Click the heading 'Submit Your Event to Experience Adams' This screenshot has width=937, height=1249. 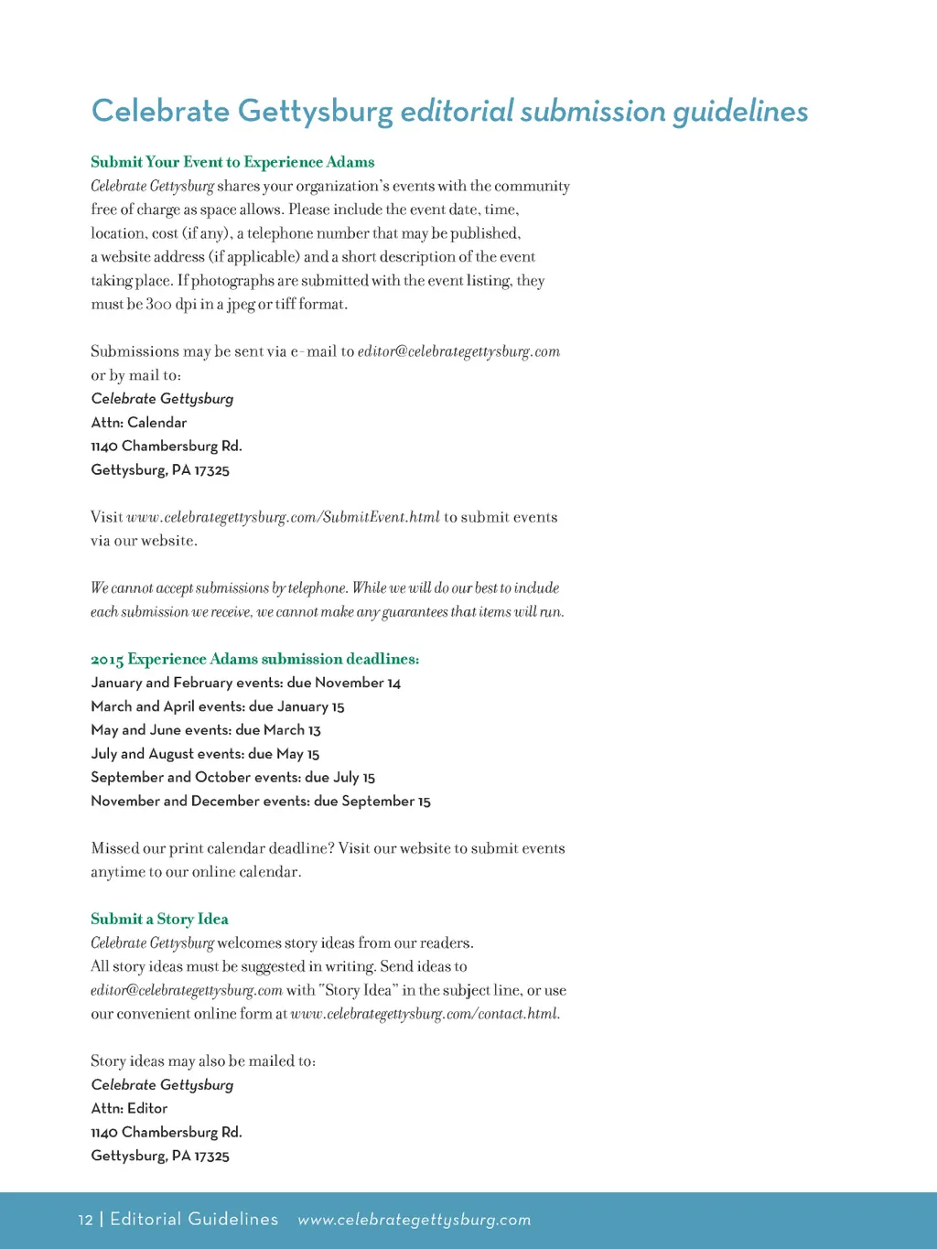point(232,162)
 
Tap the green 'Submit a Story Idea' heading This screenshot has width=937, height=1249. point(159,919)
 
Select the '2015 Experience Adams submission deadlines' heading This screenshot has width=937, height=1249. point(254,659)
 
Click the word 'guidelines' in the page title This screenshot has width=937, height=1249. point(740,112)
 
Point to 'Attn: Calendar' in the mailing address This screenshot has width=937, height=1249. point(139,423)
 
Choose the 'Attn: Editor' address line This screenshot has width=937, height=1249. point(129,1108)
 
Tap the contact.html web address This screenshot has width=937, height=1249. point(425,1014)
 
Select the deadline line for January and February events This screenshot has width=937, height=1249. point(245,683)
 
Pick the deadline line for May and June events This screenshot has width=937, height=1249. point(206,730)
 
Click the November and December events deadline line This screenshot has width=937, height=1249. point(261,802)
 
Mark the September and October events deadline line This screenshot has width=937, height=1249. point(232,778)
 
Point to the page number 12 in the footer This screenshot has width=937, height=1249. point(85,1220)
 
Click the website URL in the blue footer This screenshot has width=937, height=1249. point(415,1220)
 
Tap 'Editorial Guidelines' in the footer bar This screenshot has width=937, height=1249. point(194,1220)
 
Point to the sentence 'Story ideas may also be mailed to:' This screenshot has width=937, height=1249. point(203,1061)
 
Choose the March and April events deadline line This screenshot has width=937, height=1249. point(218,706)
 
